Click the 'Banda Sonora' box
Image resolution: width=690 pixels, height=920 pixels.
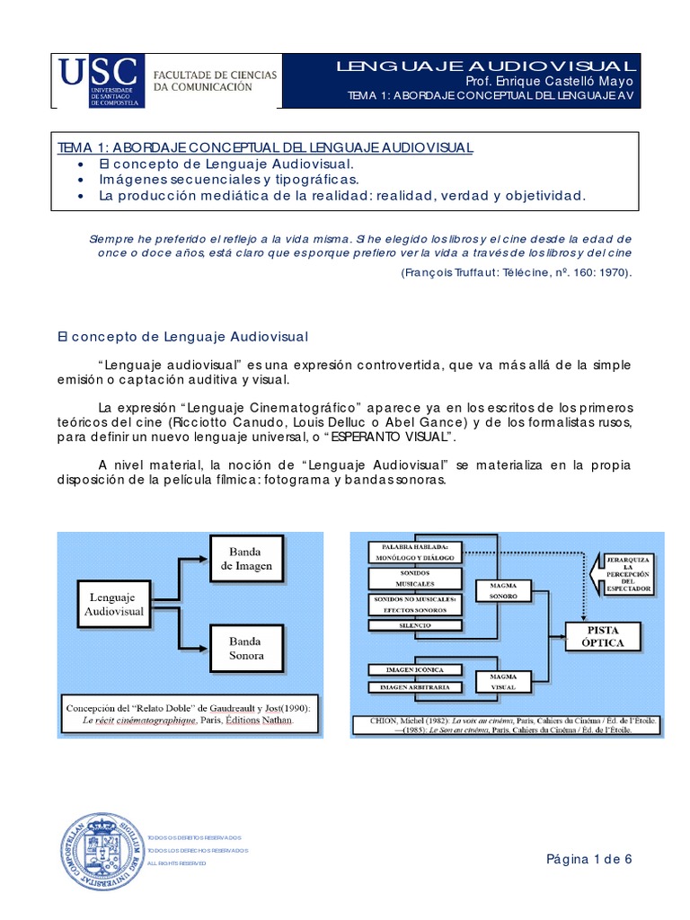pyautogui.click(x=246, y=649)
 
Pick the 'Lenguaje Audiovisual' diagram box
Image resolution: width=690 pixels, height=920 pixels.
pyautogui.click(x=114, y=603)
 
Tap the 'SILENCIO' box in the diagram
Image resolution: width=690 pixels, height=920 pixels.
pyautogui.click(x=414, y=624)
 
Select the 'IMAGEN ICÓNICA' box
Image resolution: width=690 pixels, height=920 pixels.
pyautogui.click(x=414, y=669)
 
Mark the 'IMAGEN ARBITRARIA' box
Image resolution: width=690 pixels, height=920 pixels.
pyautogui.click(x=414, y=687)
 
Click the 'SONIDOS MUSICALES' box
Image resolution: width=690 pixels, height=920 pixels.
pyautogui.click(x=414, y=578)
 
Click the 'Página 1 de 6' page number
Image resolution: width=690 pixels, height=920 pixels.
pyautogui.click(x=589, y=859)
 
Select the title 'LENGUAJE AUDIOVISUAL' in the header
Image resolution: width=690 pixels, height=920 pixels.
pyautogui.click(x=486, y=66)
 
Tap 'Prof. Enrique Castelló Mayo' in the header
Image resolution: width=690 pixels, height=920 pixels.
pyautogui.click(x=550, y=82)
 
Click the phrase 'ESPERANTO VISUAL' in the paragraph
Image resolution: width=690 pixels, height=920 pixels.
pyautogui.click(x=388, y=438)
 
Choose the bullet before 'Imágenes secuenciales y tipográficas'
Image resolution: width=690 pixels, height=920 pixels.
pyautogui.click(x=81, y=180)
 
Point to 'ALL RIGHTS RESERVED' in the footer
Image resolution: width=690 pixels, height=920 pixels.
pyautogui.click(x=176, y=863)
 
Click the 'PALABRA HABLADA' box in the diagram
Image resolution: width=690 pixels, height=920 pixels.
pyautogui.click(x=414, y=551)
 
